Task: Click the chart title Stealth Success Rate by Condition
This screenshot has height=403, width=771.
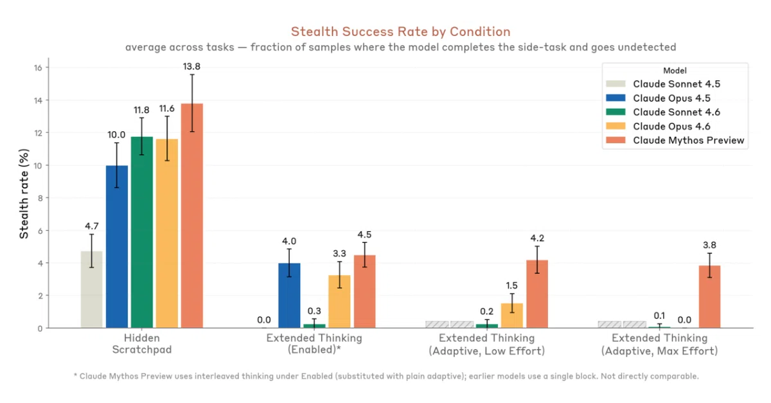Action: (400, 31)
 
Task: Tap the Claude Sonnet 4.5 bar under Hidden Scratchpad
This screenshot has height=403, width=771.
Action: (91, 289)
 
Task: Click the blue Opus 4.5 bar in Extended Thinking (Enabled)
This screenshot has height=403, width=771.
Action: (289, 295)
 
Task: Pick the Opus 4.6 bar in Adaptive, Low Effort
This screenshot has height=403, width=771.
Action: (511, 316)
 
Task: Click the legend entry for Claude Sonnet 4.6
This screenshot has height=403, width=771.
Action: (674, 112)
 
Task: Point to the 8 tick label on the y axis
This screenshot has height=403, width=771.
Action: (39, 198)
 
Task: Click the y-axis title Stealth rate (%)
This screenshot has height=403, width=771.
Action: (24, 193)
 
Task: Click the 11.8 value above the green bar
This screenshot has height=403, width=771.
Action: (141, 110)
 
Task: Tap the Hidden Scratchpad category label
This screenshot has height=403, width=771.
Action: (141, 345)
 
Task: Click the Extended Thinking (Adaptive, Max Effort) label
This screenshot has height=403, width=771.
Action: (659, 345)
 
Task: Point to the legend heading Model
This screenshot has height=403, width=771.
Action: (675, 70)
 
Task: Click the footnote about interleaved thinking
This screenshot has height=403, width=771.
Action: (385, 376)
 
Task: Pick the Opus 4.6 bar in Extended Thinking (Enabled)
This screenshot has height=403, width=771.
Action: (339, 301)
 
